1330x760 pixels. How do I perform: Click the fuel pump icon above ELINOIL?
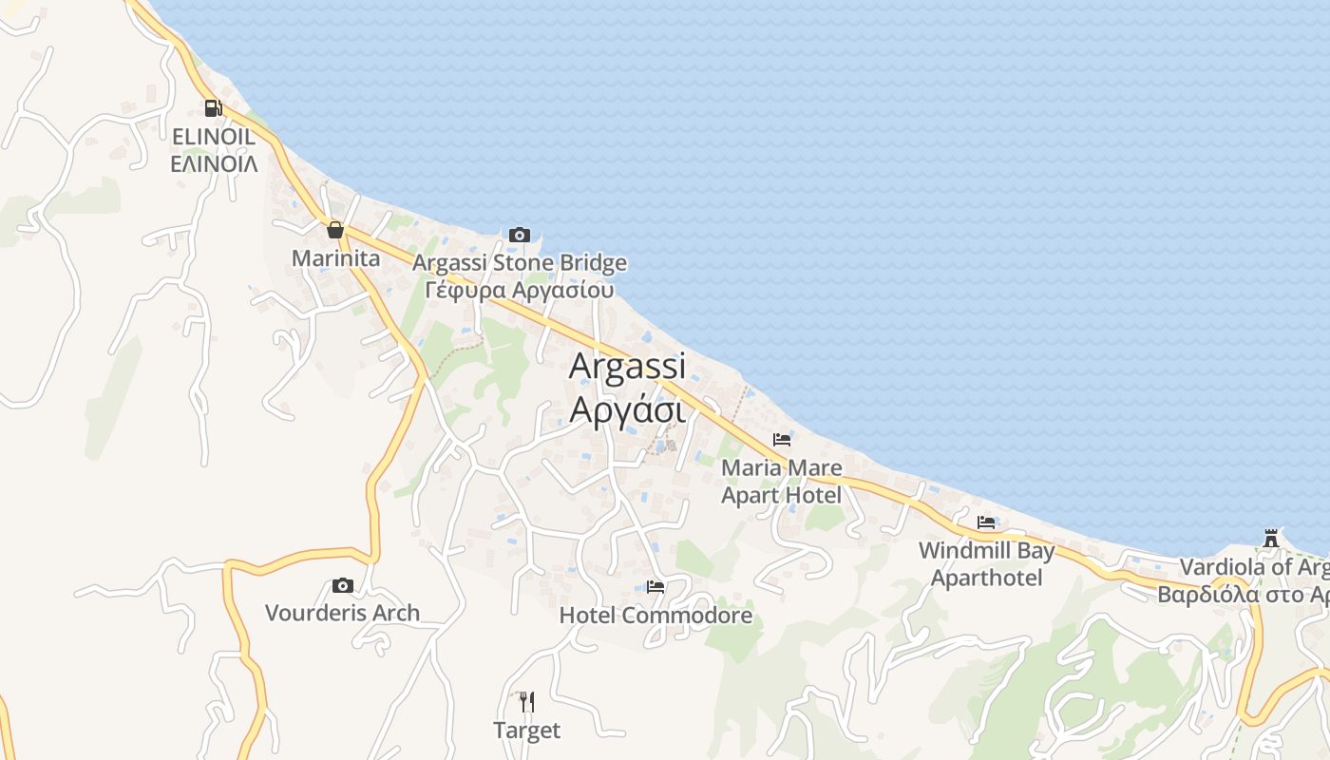(214, 108)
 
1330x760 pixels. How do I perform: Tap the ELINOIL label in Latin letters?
(214, 137)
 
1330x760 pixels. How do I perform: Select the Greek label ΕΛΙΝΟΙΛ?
(214, 163)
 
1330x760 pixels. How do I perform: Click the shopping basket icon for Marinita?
(334, 230)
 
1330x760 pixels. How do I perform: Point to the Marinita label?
(335, 258)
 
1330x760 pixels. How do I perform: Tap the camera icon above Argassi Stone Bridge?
(519, 235)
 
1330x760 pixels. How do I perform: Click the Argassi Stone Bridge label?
(520, 263)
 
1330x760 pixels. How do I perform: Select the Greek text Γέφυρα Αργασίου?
(520, 290)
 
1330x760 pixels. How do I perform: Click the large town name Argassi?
(627, 367)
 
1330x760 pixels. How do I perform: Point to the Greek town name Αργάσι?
(627, 410)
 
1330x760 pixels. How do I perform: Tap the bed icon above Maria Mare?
(782, 440)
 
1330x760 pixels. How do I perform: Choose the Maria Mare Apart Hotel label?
(781, 482)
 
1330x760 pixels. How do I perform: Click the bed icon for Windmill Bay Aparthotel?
(986, 522)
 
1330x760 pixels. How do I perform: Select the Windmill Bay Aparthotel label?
(986, 564)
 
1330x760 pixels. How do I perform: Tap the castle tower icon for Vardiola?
(1271, 539)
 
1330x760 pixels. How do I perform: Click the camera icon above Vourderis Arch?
(342, 585)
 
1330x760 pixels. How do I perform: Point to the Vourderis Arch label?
(342, 613)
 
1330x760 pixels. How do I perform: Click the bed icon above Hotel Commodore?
(655, 587)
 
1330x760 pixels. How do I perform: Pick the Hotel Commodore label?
(655, 616)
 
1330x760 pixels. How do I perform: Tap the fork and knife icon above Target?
(526, 702)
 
